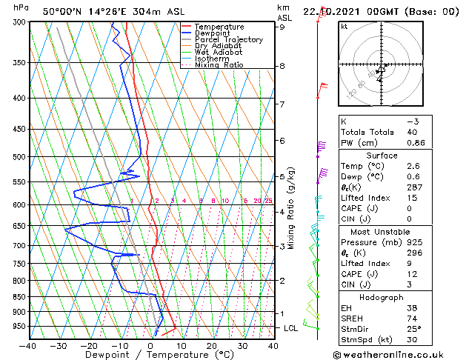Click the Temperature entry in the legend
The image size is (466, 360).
click(x=219, y=27)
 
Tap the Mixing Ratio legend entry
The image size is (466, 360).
click(x=219, y=65)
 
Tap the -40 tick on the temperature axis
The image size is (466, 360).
click(x=28, y=345)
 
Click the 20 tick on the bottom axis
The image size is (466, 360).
click(x=212, y=345)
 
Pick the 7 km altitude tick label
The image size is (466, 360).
click(x=282, y=104)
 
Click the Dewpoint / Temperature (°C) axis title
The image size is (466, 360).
click(x=150, y=355)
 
